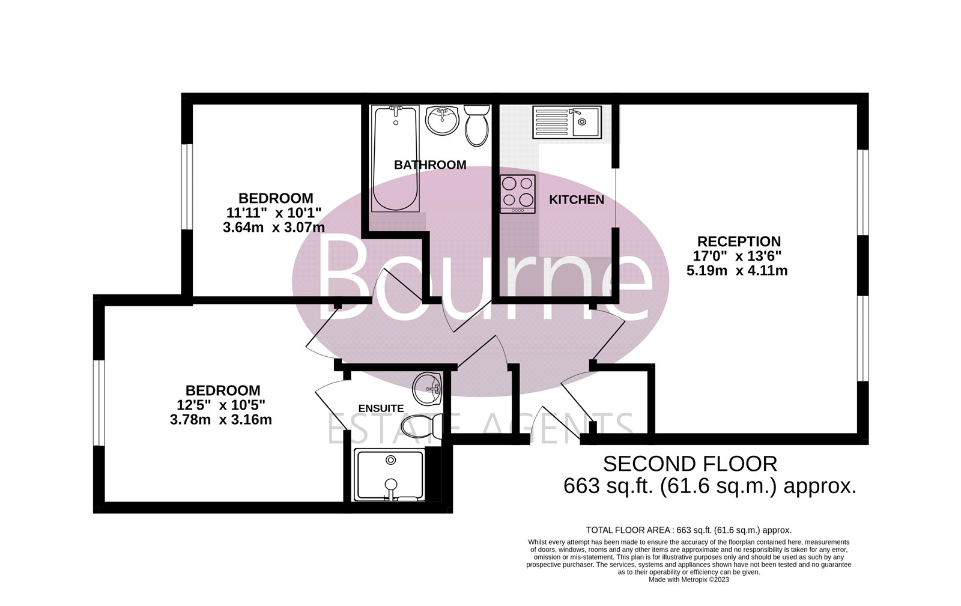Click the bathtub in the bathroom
click(x=395, y=158)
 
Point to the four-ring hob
click(x=518, y=193)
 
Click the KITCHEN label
click(x=577, y=200)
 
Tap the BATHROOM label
click(x=430, y=165)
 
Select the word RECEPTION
click(x=739, y=242)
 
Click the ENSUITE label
click(x=381, y=408)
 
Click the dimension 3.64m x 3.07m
click(x=274, y=228)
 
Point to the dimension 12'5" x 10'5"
click(x=222, y=405)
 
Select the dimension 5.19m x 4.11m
click(x=737, y=271)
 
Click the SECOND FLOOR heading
click(x=690, y=464)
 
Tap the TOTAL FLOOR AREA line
click(x=688, y=530)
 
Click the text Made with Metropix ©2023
click(x=688, y=580)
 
